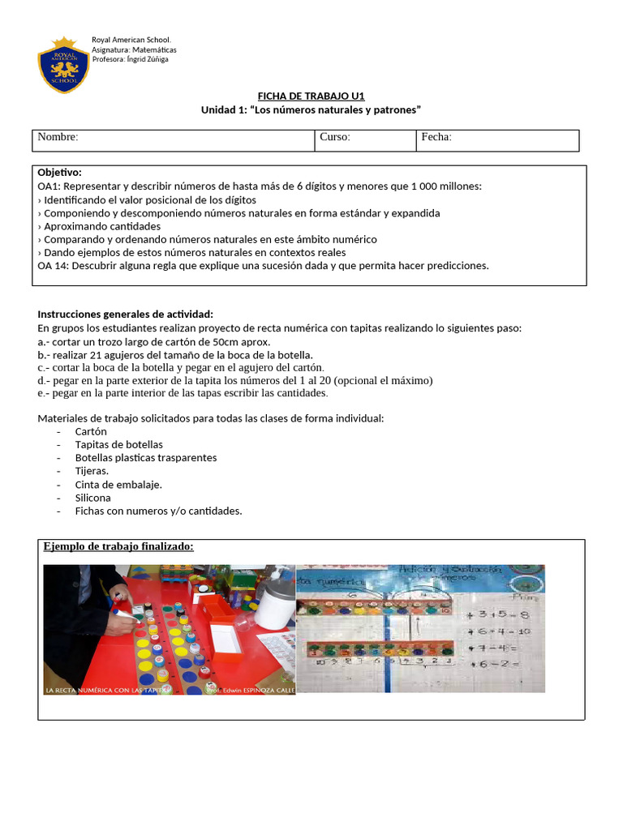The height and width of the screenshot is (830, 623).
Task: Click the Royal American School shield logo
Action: click(63, 65)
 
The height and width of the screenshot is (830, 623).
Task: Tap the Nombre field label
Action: click(58, 137)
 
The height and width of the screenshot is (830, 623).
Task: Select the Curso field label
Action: click(334, 137)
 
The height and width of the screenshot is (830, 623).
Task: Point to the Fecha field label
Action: click(436, 137)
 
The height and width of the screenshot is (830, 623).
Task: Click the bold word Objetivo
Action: click(59, 173)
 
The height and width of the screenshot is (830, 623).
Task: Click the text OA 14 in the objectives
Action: click(53, 266)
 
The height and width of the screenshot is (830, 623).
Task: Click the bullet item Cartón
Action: click(91, 431)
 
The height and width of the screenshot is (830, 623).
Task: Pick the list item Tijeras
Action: click(92, 471)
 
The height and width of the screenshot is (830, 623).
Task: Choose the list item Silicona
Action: click(92, 498)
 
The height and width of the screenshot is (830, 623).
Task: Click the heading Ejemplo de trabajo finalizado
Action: click(118, 547)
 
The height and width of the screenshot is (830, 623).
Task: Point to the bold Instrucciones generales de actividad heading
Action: click(126, 314)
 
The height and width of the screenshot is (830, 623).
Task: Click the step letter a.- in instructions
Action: click(44, 341)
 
